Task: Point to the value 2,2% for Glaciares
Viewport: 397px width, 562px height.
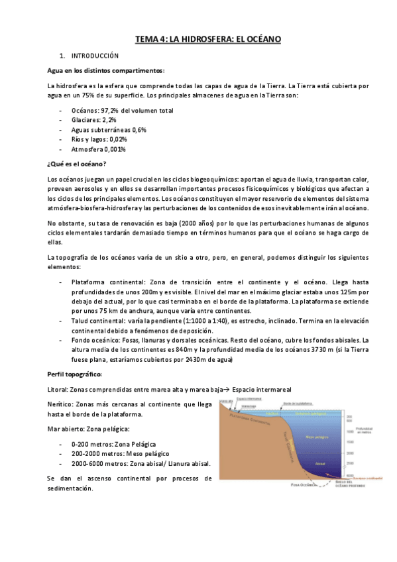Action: [x=109, y=121]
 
